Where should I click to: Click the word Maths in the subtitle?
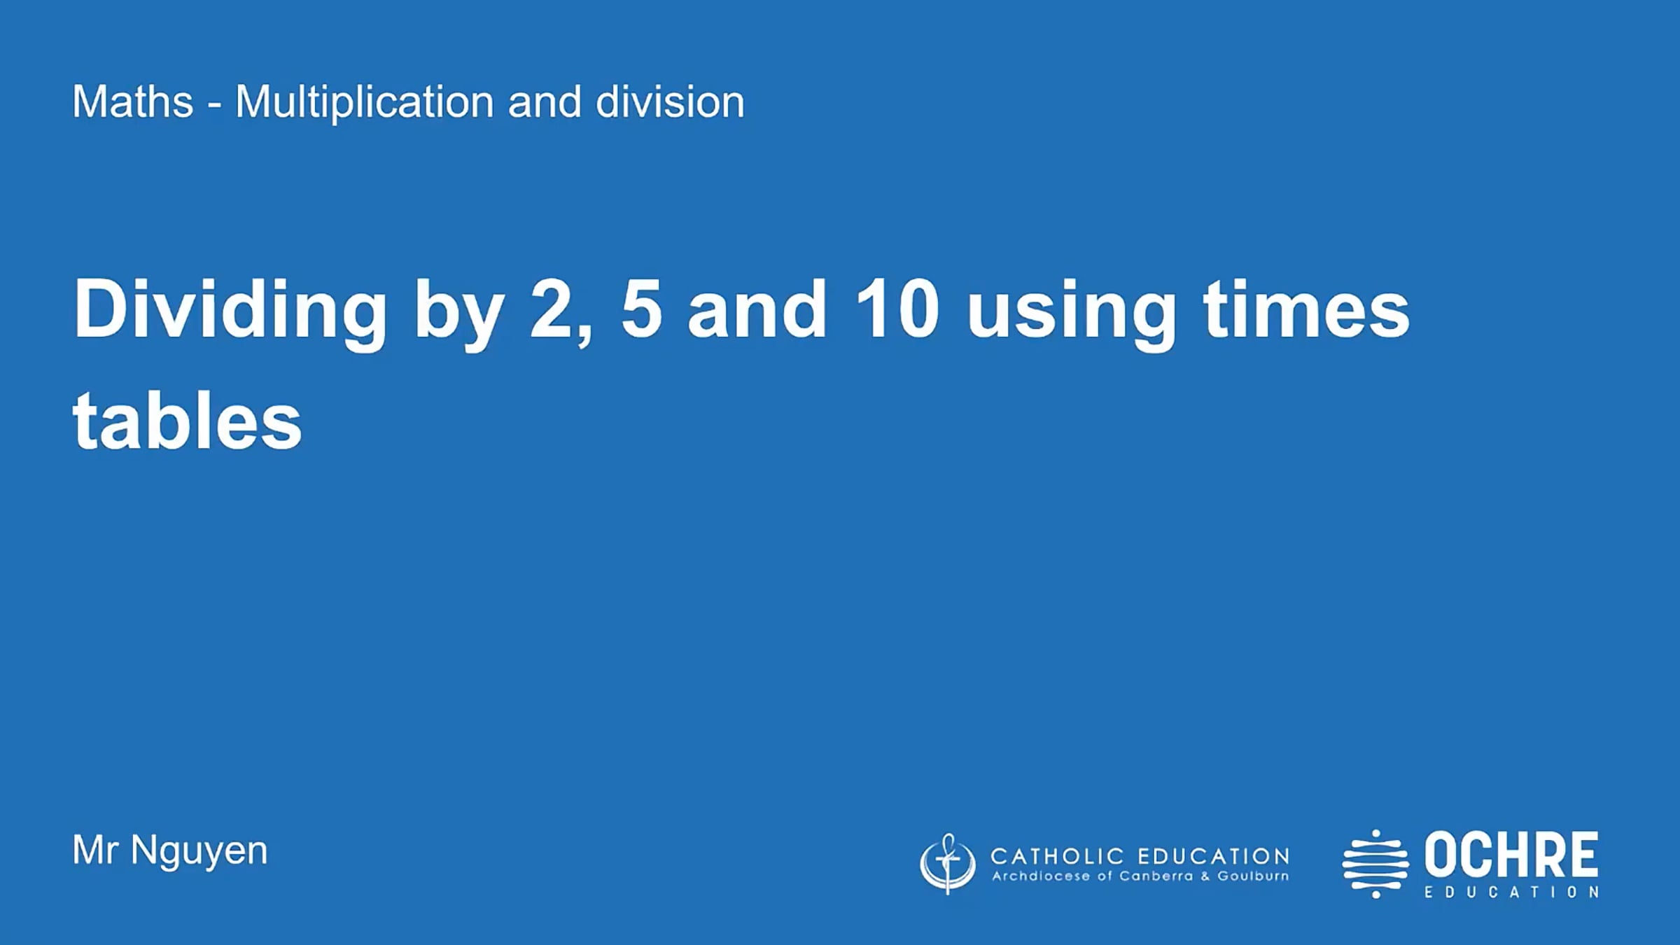(x=132, y=102)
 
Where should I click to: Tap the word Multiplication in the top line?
(x=365, y=102)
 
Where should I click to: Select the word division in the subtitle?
(x=669, y=102)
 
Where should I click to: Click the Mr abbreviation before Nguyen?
(x=94, y=850)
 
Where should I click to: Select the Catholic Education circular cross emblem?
(x=947, y=864)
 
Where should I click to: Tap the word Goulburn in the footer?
(x=1252, y=876)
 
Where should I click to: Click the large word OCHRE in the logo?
(x=1511, y=855)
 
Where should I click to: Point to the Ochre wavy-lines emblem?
(x=1375, y=864)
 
